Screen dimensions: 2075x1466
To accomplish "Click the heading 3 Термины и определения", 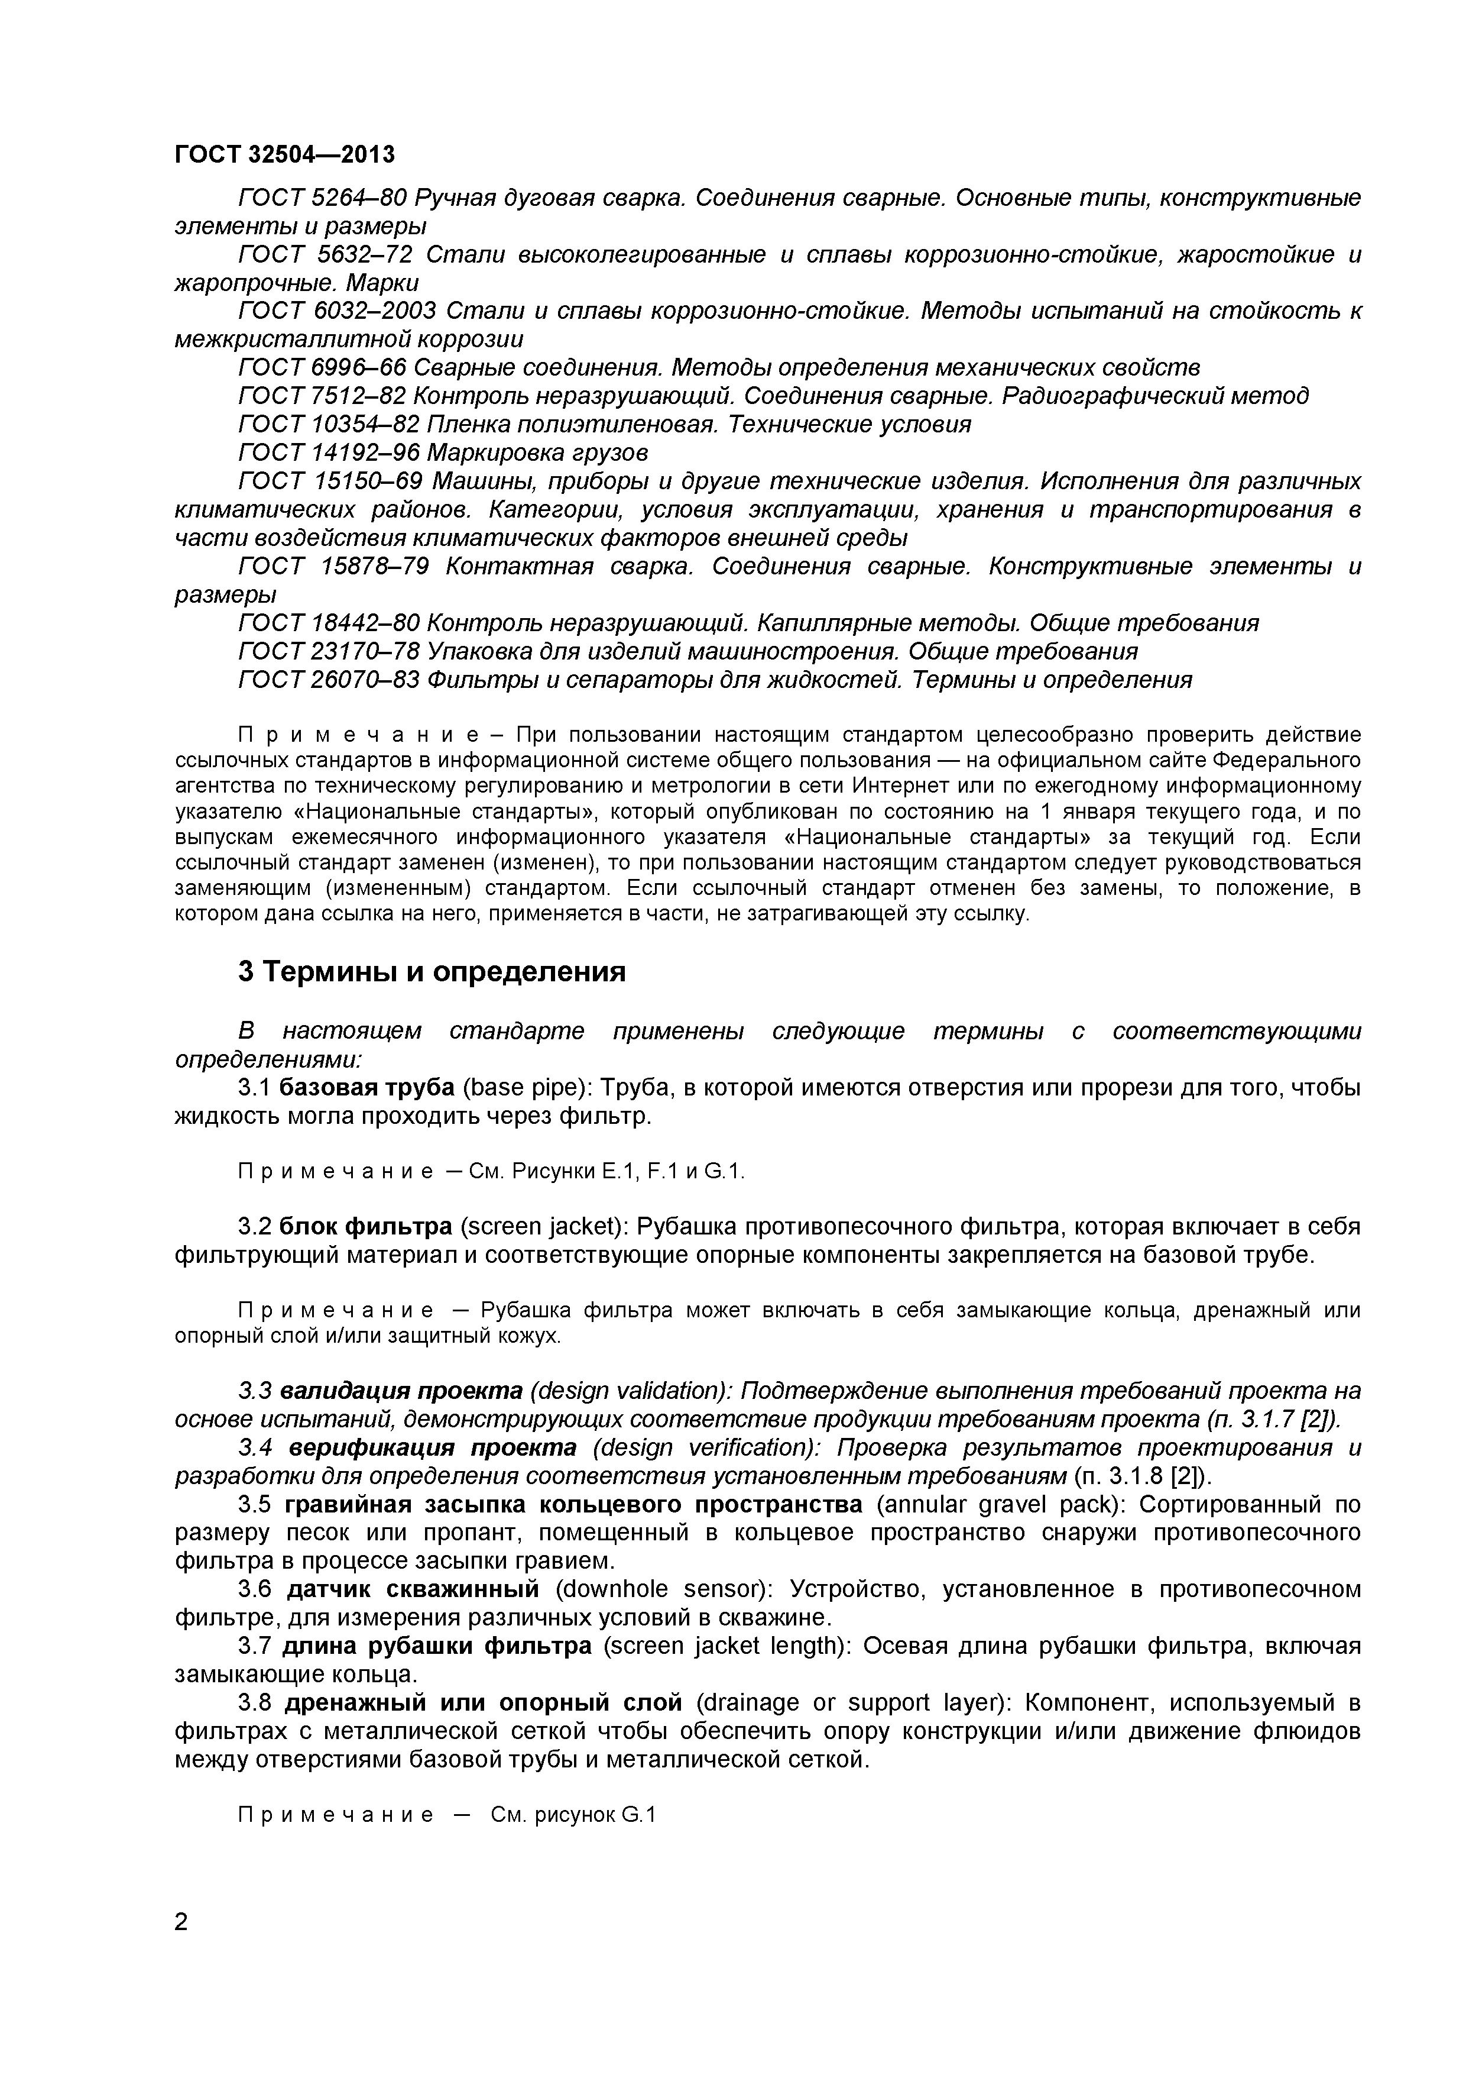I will (432, 971).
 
